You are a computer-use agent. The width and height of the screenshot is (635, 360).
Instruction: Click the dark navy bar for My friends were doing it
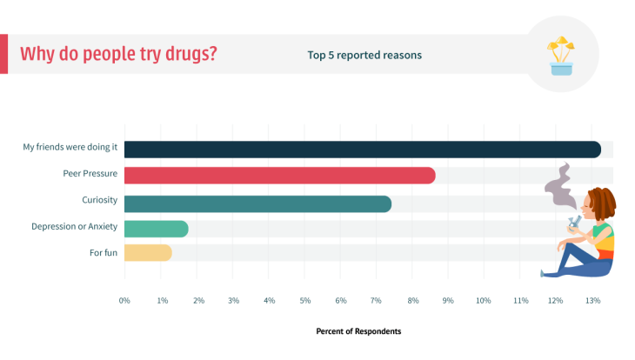pyautogui.click(x=362, y=150)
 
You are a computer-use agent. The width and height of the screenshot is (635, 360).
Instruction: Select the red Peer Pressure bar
pyautogui.click(x=279, y=176)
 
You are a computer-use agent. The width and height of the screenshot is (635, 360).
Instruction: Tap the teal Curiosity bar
pyautogui.click(x=257, y=203)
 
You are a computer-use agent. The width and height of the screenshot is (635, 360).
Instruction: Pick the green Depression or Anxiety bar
pyautogui.click(x=156, y=229)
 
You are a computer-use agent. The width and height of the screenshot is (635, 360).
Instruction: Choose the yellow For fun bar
pyautogui.click(x=148, y=253)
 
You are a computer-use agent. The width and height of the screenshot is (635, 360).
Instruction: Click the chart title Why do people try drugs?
pyautogui.click(x=118, y=54)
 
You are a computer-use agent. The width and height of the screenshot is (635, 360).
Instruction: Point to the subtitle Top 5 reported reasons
pyautogui.click(x=364, y=55)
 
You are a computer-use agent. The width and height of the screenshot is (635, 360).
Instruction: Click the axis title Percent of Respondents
pyautogui.click(x=358, y=331)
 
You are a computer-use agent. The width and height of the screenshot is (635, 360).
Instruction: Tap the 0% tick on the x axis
pyautogui.click(x=124, y=300)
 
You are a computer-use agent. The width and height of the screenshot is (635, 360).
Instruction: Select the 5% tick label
pyautogui.click(x=304, y=300)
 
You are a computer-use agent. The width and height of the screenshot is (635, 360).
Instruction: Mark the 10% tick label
pyautogui.click(x=484, y=300)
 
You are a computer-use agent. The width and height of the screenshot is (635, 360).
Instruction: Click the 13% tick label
pyautogui.click(x=592, y=300)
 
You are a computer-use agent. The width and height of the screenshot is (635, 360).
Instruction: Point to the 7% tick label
pyautogui.click(x=377, y=300)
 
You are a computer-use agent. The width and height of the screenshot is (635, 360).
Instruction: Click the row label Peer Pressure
pyautogui.click(x=90, y=173)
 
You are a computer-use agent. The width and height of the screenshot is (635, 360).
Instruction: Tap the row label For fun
pyautogui.click(x=104, y=252)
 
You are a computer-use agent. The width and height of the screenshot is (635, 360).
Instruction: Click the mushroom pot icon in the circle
pyautogui.click(x=561, y=57)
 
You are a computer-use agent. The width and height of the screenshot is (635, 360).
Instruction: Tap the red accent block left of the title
pyautogui.click(x=3, y=54)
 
